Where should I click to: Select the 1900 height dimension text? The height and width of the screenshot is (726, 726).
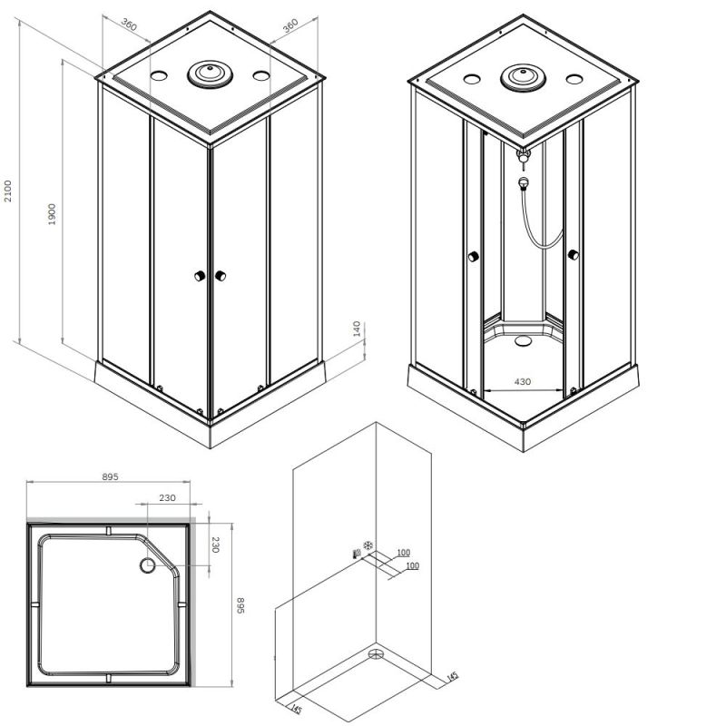tap(53, 214)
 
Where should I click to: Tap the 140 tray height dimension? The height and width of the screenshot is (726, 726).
tap(357, 329)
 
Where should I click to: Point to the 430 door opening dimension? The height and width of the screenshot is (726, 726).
tap(523, 382)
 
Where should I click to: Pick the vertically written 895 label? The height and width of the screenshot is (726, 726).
tap(241, 604)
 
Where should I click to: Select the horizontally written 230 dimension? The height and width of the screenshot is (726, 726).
tap(167, 497)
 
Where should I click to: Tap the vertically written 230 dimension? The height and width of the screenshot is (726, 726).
tap(216, 546)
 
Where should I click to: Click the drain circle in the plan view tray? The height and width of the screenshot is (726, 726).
tap(148, 566)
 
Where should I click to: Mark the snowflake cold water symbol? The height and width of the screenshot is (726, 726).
tap(368, 545)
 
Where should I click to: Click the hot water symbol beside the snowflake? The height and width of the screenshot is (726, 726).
tap(355, 551)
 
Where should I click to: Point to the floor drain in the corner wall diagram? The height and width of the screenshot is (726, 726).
tap(377, 652)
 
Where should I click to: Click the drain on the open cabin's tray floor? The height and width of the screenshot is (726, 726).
tap(522, 342)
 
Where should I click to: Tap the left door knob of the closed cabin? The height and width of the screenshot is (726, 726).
tap(197, 277)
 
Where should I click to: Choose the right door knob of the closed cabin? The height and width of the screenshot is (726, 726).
tap(220, 276)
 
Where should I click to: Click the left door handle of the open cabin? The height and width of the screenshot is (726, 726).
tap(472, 258)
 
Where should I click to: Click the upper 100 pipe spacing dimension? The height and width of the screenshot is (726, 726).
tap(403, 553)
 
